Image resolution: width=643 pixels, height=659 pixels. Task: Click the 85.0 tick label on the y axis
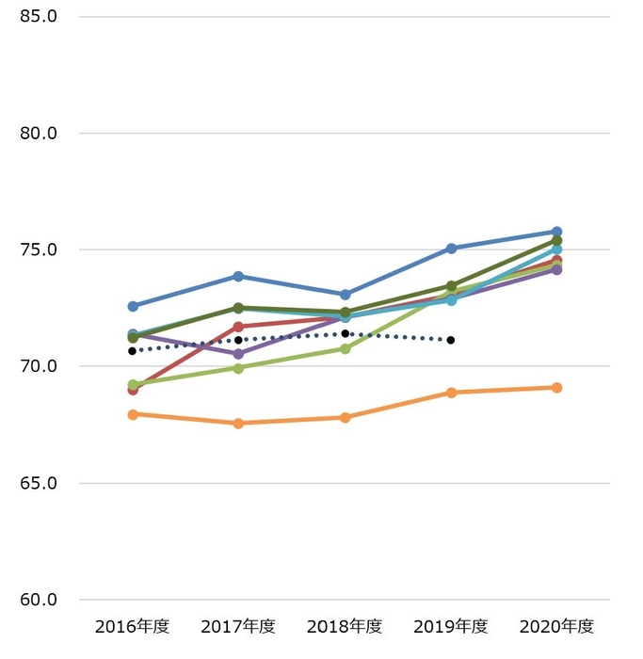tap(39, 16)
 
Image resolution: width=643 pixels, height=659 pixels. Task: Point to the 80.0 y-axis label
tap(39, 133)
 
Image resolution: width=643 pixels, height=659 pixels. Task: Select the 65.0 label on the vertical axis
tap(39, 483)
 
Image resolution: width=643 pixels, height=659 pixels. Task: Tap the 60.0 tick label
tap(39, 600)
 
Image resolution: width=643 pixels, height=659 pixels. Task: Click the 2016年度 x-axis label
tap(132, 626)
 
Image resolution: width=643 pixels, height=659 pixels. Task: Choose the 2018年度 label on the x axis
tap(345, 626)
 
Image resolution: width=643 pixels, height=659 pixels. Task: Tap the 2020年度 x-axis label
tap(557, 626)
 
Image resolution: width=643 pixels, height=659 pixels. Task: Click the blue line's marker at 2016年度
tap(133, 306)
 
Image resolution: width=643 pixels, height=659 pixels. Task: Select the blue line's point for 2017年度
tap(238, 276)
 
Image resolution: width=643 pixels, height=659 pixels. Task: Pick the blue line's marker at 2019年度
tap(451, 249)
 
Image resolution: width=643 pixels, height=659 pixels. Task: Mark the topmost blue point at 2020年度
tap(556, 232)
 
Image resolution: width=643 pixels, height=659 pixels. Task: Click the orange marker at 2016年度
tap(133, 414)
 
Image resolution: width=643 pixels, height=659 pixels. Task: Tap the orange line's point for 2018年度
tap(346, 417)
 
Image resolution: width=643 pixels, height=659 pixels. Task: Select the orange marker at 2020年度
tap(556, 387)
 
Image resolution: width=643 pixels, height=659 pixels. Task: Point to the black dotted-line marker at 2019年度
tap(451, 340)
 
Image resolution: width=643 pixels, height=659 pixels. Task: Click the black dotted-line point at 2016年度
tap(133, 351)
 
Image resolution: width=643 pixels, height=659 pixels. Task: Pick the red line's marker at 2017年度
tap(238, 327)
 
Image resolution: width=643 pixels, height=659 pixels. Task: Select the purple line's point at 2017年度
tap(238, 354)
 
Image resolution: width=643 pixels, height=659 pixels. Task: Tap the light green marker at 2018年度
tap(346, 348)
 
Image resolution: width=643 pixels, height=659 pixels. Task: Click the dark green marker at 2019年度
tap(451, 285)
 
